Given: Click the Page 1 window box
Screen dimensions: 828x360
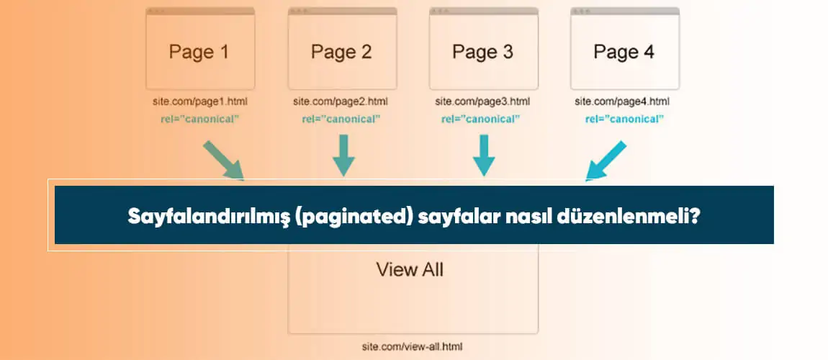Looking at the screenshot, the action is tap(201, 48).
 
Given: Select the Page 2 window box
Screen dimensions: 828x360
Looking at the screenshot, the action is tap(342, 48).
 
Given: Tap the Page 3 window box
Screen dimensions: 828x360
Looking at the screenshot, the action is tap(484, 48).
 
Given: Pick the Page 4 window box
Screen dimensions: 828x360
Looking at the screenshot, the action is tap(625, 48).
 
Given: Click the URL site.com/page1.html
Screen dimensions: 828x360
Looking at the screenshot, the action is tap(200, 102).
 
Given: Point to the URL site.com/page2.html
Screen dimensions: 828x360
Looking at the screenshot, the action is tap(341, 102).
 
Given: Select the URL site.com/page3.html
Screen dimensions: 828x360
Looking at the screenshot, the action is tap(482, 102).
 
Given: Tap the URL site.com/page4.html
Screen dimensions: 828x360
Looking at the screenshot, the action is tap(622, 102).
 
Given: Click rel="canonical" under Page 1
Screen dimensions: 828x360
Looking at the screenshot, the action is tap(200, 119).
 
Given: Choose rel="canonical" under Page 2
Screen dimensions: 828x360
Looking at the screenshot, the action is tap(341, 119).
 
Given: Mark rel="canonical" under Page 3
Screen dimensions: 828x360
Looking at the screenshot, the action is tap(481, 119).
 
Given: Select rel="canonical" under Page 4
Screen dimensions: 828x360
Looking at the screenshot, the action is tap(624, 119).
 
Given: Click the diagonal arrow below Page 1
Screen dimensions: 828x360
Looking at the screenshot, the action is tap(223, 160).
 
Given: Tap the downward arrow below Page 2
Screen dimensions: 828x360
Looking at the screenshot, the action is tap(343, 156).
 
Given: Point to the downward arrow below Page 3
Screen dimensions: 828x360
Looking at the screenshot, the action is tap(484, 156).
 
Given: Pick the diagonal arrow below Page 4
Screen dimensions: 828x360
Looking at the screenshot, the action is tap(606, 161).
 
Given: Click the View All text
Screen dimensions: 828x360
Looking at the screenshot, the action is tap(410, 270).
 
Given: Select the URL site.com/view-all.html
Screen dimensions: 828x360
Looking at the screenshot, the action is tap(413, 347).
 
